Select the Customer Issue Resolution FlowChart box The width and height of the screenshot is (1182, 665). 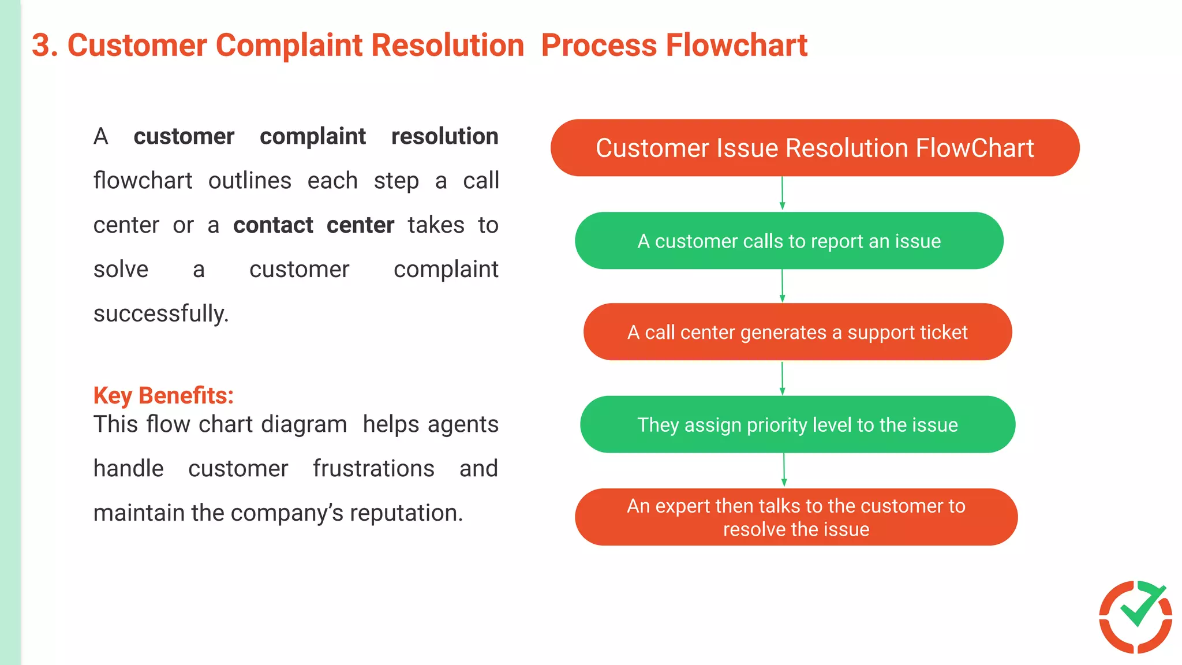tap(814, 148)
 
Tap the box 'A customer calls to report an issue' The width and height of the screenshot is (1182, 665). tap(788, 241)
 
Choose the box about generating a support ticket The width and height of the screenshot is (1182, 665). tap(797, 332)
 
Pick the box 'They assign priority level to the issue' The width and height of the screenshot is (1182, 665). tap(797, 424)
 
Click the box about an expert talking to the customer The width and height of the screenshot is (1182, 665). tap(796, 517)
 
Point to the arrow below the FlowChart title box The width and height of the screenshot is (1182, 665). tap(782, 193)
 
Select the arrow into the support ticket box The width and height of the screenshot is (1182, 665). tap(782, 286)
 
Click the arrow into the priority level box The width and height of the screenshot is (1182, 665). tap(782, 378)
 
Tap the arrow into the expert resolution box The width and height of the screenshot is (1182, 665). tap(784, 470)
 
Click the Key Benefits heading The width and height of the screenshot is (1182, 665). tap(163, 396)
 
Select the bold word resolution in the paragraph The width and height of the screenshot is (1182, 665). tap(444, 137)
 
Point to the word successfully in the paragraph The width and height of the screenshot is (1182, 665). tap(161, 314)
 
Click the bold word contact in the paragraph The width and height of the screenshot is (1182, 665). tap(273, 225)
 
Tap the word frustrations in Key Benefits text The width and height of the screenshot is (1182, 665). tap(373, 469)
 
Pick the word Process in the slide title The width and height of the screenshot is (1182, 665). tap(599, 46)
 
